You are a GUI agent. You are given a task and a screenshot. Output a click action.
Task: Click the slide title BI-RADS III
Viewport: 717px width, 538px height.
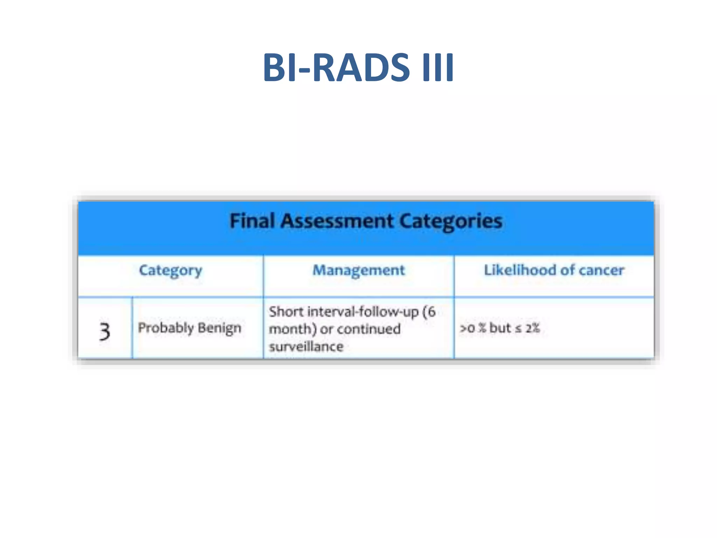click(358, 67)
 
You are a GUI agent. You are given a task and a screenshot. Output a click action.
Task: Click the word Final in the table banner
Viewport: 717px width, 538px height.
click(252, 221)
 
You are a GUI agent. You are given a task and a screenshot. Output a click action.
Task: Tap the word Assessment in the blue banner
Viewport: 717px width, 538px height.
click(337, 221)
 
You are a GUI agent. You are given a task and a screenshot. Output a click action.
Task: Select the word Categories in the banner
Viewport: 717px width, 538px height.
click(451, 221)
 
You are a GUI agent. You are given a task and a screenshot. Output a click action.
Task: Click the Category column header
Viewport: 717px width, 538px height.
click(170, 270)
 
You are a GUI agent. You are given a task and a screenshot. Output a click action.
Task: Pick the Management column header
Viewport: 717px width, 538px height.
click(358, 270)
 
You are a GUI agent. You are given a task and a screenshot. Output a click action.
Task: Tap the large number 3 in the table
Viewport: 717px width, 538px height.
click(104, 331)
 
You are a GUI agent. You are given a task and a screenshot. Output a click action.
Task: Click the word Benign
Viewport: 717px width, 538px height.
click(220, 328)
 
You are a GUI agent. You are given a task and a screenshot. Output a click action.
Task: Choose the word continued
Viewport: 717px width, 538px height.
click(369, 329)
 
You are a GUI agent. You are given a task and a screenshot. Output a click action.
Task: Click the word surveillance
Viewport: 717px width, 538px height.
click(306, 347)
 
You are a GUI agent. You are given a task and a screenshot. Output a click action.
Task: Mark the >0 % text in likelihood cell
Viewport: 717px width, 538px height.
click(473, 328)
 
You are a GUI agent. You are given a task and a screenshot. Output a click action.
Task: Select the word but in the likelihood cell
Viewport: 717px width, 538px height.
click(500, 328)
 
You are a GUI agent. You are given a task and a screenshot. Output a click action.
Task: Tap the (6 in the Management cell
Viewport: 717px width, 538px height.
click(429, 311)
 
